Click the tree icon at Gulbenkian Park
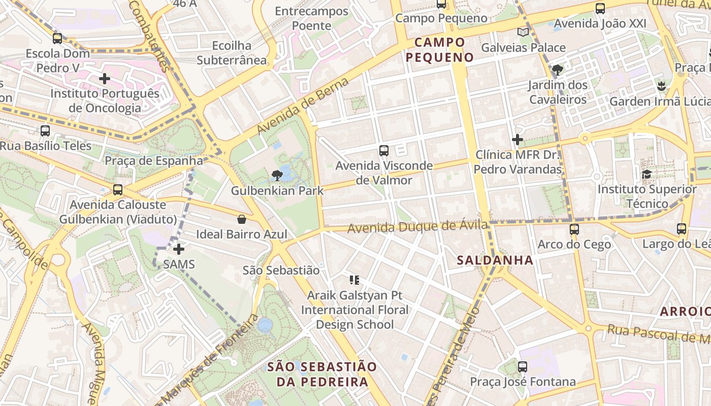click(x=277, y=176)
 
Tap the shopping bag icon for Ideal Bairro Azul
click(x=242, y=219)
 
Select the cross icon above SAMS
click(x=179, y=249)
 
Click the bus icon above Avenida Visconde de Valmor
click(x=384, y=151)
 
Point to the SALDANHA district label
click(x=495, y=260)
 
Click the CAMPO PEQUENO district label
click(x=440, y=50)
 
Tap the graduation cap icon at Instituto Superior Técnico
click(x=647, y=174)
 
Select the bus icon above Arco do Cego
click(x=574, y=229)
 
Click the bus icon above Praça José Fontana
click(x=523, y=367)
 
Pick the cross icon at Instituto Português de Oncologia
click(x=105, y=79)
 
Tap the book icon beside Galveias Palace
click(x=523, y=32)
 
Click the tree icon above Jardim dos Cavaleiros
click(x=558, y=70)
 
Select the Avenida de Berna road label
click(x=303, y=106)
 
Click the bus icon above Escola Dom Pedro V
click(x=57, y=38)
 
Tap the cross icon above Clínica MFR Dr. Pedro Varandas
click(x=518, y=140)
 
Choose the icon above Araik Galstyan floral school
click(x=354, y=280)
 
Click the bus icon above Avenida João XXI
click(x=600, y=9)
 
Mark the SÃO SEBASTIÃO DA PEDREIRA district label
click(x=322, y=374)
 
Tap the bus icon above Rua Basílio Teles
click(x=45, y=131)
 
